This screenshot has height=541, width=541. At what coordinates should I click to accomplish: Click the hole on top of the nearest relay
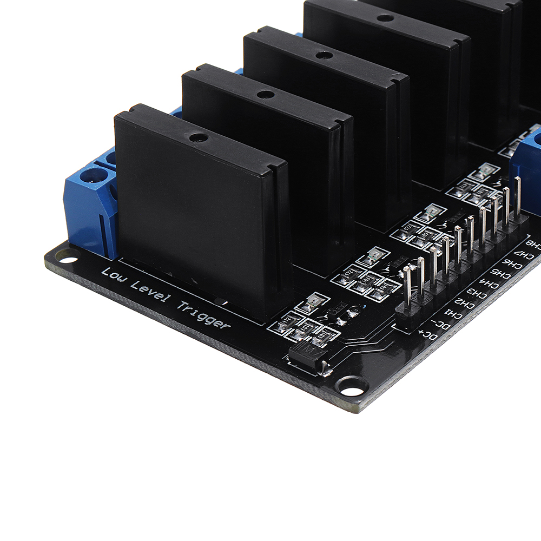(x=199, y=137)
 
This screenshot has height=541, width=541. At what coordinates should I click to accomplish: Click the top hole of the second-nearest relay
(x=265, y=94)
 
